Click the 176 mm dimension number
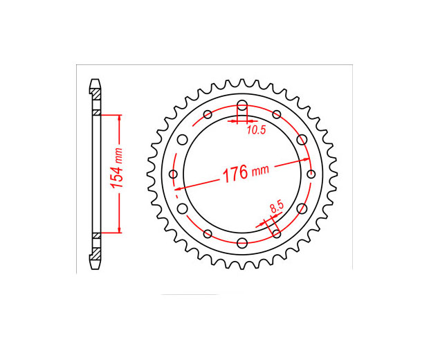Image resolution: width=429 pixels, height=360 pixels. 235,174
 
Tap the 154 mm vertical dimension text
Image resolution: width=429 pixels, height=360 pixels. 116,168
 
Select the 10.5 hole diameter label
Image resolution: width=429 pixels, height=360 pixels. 256,130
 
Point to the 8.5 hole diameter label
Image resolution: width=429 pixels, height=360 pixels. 277,206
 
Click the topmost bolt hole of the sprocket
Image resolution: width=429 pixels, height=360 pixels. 242,105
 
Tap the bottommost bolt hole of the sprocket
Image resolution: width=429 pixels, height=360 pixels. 242,243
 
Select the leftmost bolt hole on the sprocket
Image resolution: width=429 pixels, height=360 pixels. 173,174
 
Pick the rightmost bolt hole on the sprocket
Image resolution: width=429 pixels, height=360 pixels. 311,174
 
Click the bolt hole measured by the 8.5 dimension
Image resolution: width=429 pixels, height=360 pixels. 277,234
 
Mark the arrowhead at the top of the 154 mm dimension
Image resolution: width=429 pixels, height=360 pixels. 120,118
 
